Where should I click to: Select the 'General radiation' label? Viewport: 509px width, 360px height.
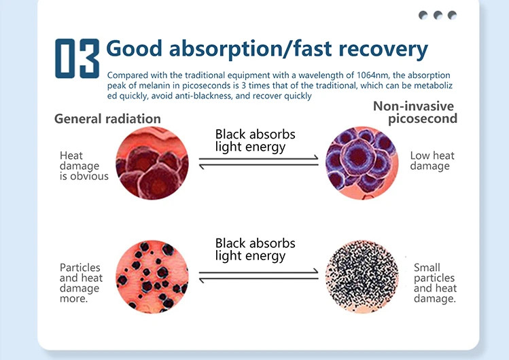coord(107,119)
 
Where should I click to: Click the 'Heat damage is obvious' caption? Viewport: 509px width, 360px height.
coord(84,166)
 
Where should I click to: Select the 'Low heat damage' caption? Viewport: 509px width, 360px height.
coord(432,161)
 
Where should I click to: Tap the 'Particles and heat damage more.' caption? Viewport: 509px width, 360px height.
coord(81,283)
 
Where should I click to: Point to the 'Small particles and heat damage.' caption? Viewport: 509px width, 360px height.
coord(434,283)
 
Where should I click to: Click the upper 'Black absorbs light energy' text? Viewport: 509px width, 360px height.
coord(255,140)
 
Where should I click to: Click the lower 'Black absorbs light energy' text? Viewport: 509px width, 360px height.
coord(255,249)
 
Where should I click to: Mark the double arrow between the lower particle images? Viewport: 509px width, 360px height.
coord(258,274)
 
